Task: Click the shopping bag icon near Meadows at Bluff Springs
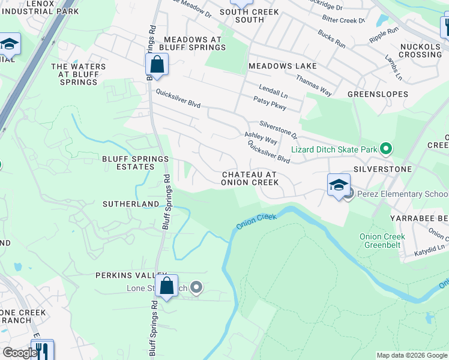(x=157, y=65)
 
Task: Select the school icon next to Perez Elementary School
(x=339, y=185)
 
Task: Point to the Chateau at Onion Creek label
(x=249, y=178)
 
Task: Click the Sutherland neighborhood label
(x=130, y=204)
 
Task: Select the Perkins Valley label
(x=126, y=275)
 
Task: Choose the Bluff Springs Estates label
(x=135, y=163)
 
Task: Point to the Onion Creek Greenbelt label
(x=382, y=241)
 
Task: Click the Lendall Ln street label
(x=273, y=91)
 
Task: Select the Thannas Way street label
(x=313, y=85)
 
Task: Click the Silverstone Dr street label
(x=279, y=128)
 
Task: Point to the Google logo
(x=19, y=353)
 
